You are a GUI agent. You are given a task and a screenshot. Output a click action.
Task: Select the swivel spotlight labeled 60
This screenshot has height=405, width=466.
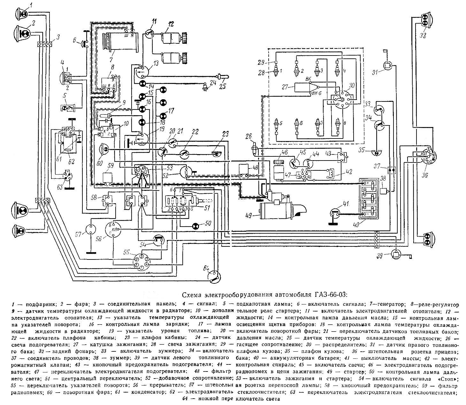point(104,150)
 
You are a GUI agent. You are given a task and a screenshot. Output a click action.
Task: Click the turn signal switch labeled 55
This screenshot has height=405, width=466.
point(141,261)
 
